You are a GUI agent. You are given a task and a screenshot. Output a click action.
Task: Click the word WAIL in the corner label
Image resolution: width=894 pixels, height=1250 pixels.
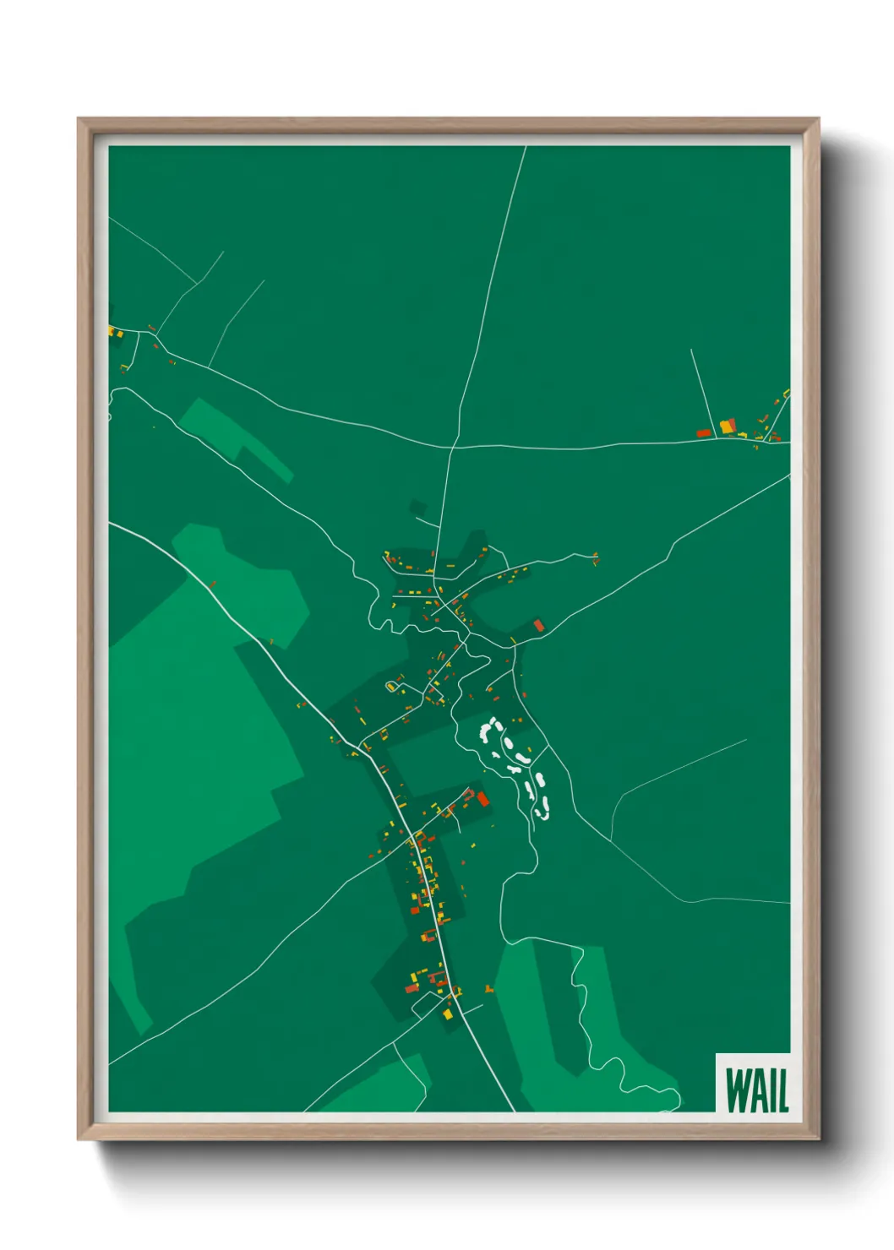[756, 1090]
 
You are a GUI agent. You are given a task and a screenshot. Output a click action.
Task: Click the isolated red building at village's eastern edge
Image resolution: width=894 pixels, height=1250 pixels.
[538, 626]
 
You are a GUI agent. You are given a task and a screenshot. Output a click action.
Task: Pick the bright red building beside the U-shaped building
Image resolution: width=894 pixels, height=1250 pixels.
[482, 799]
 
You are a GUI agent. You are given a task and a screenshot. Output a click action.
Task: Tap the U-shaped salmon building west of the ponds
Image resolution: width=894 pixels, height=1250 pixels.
[466, 795]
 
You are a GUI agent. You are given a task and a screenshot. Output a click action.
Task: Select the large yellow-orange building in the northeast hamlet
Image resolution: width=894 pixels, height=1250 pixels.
[727, 426]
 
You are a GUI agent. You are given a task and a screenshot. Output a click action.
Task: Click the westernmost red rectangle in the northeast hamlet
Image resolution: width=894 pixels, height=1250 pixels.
[702, 433]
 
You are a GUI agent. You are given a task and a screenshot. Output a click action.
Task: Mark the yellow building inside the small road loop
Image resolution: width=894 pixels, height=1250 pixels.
[391, 686]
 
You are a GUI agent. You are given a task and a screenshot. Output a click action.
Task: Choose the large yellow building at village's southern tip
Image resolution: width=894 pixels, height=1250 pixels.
[447, 1012]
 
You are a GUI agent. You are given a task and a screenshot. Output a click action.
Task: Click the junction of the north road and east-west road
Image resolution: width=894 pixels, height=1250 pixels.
[453, 446]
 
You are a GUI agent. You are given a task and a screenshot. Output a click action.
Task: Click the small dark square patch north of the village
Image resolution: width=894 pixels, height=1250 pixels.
[417, 508]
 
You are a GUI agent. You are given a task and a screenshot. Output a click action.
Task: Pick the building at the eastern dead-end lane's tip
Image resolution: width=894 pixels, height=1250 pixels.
[596, 558]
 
